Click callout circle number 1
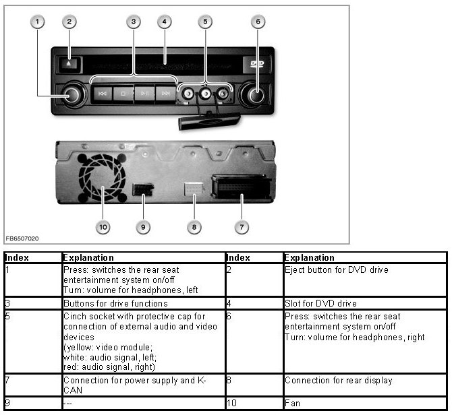[x=38, y=22]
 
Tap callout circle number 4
[x=164, y=22]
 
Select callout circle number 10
[x=103, y=227]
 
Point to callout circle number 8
[x=194, y=227]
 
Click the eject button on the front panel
[x=71, y=64]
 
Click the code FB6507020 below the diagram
[x=22, y=238]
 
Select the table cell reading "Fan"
[x=292, y=402]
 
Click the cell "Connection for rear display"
[x=338, y=381]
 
